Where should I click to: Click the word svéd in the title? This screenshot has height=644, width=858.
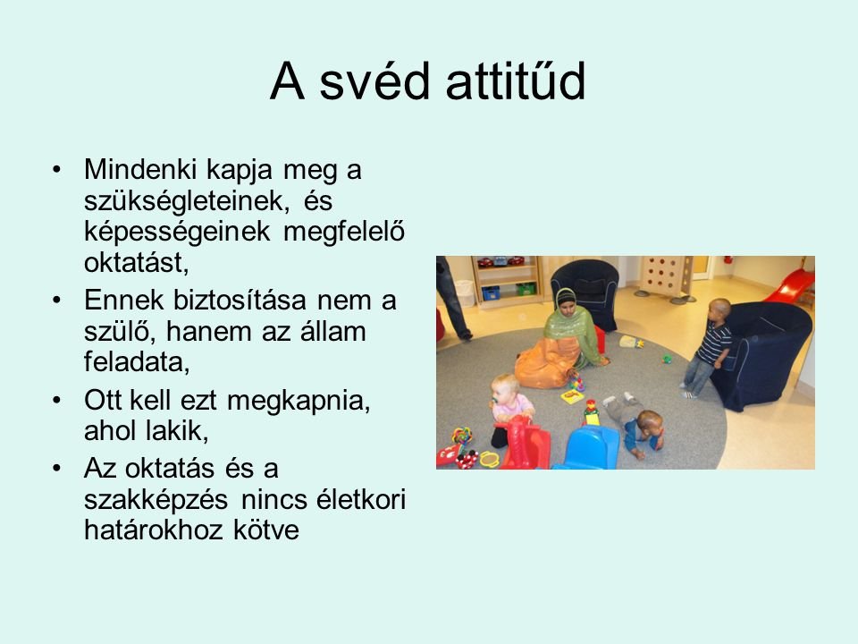tap(374, 81)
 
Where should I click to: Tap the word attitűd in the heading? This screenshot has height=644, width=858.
tap(516, 81)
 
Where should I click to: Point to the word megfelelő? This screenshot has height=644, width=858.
tap(344, 232)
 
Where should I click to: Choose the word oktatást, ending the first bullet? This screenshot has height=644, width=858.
tap(137, 263)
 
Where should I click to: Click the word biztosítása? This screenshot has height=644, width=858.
tap(240, 301)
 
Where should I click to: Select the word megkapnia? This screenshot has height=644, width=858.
tap(299, 402)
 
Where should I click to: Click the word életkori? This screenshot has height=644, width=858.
tap(362, 499)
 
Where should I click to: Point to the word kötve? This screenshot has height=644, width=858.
tap(266, 530)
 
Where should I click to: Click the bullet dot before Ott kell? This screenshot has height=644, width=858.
tap(57, 401)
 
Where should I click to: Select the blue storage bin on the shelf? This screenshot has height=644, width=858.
tap(491, 293)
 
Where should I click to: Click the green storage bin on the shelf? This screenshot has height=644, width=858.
tap(526, 289)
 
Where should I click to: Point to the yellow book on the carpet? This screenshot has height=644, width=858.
tap(572, 396)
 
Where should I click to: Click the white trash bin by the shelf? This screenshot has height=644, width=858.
tap(465, 293)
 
